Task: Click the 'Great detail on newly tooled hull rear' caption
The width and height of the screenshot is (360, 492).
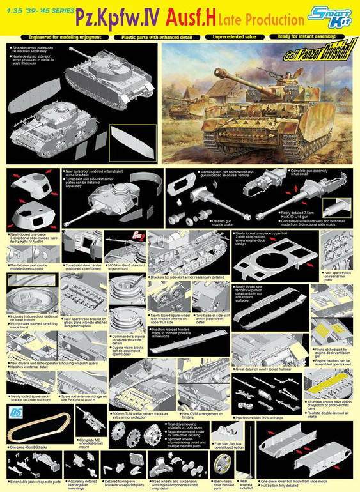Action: point(268,369)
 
